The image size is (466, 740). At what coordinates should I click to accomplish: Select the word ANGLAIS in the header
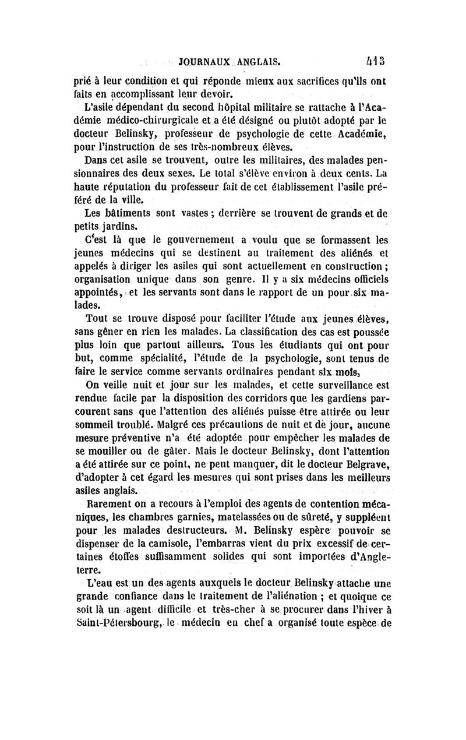coord(259,60)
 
